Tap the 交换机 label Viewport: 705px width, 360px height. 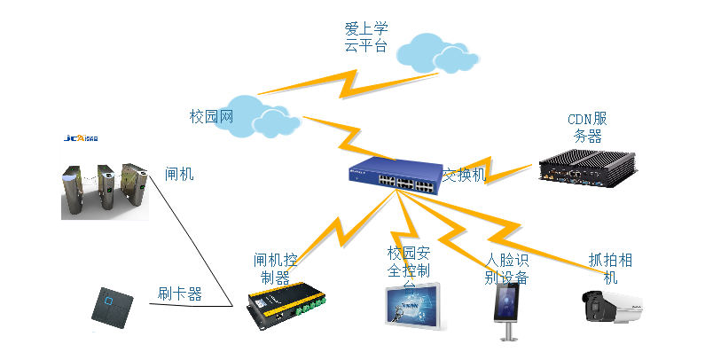coord(465,175)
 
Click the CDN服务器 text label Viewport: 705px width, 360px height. coord(587,128)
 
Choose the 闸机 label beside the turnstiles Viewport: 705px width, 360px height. coord(178,174)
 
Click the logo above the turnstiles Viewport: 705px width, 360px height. coord(82,137)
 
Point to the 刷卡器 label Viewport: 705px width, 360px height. coord(179,293)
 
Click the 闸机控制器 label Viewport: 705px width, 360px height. coord(275,269)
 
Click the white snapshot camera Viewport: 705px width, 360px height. coord(613,307)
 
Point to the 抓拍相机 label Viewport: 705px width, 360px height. coord(611,269)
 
